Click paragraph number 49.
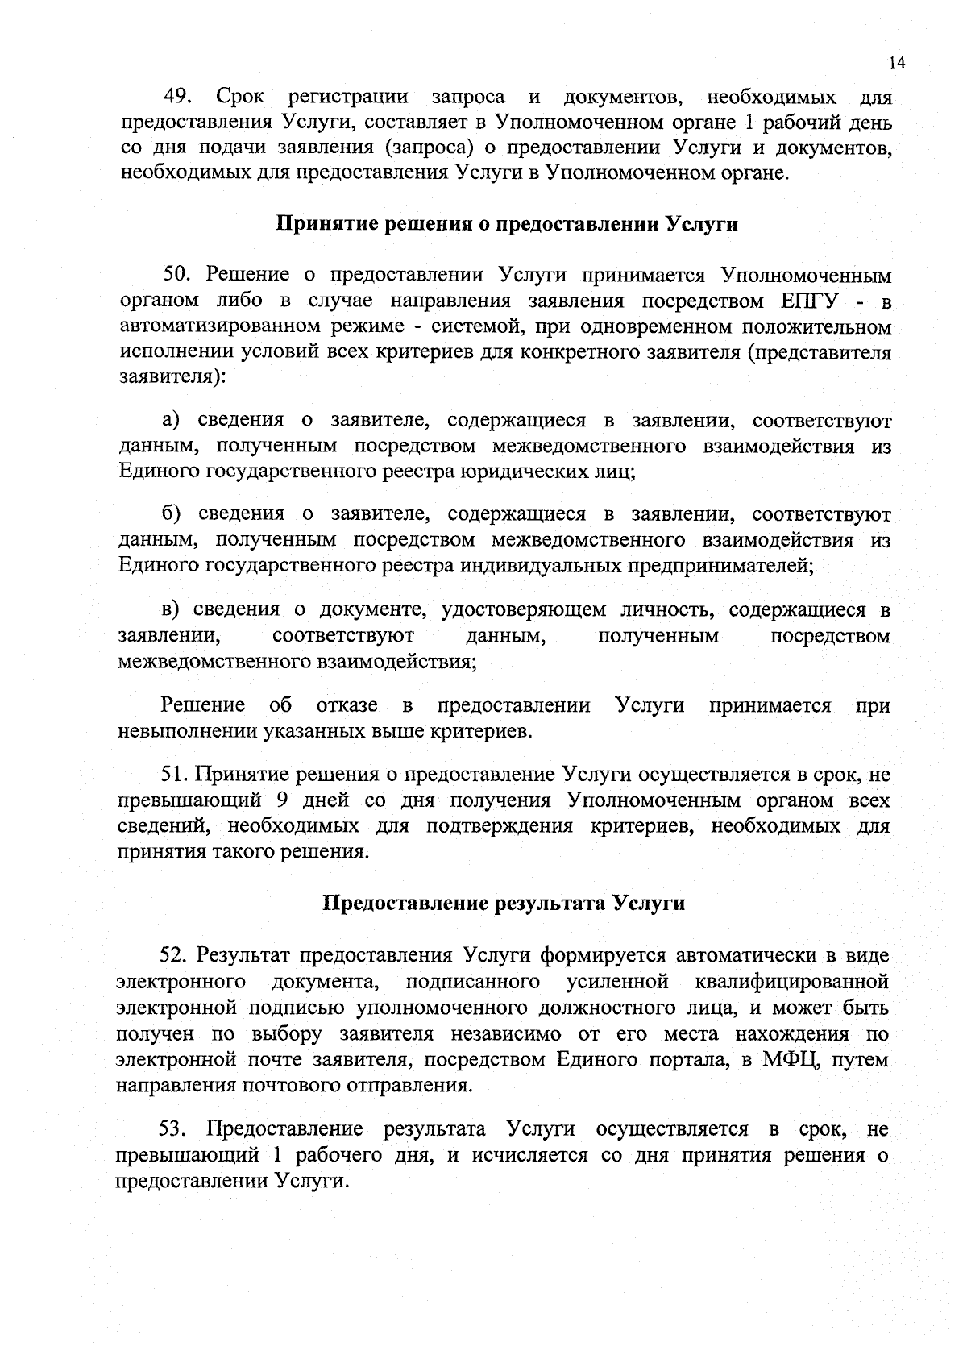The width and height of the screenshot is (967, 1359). coord(176,98)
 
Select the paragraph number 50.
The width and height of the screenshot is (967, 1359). coord(176,275)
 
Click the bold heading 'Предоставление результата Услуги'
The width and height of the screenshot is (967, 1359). coord(504,903)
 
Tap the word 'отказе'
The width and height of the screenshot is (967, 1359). coord(347,706)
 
